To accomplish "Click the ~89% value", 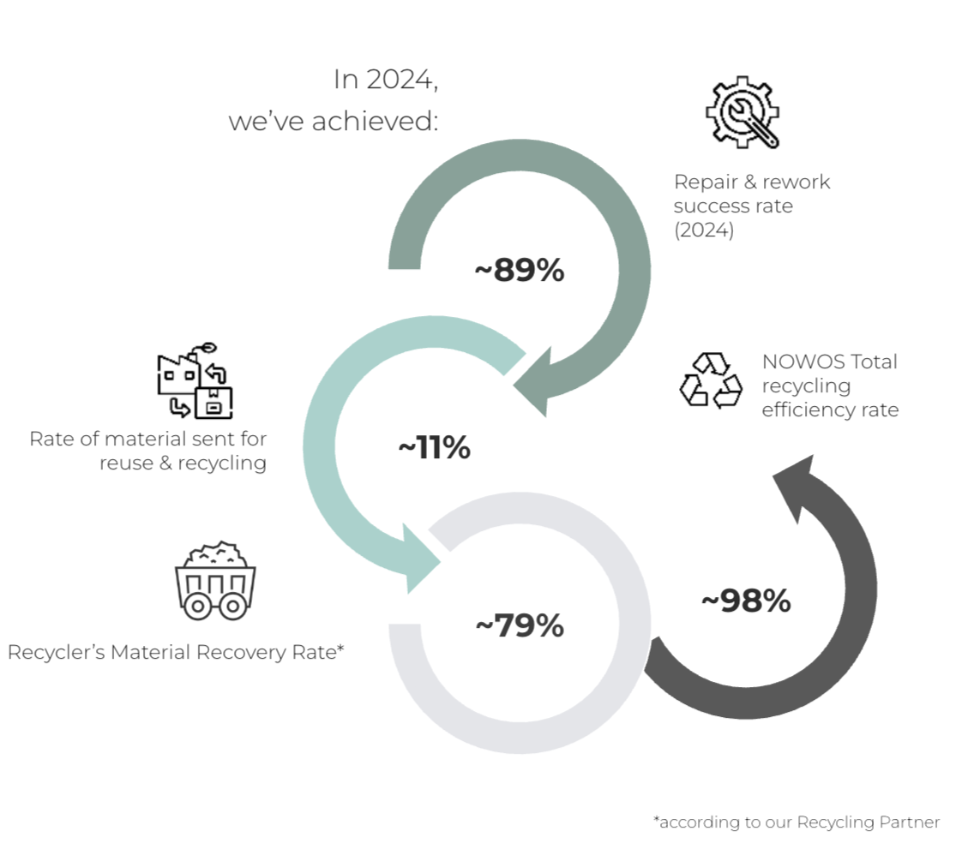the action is (x=519, y=271).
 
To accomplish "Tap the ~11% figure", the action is (x=434, y=447).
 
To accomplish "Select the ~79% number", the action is (x=519, y=625).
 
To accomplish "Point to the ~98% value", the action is (x=745, y=601).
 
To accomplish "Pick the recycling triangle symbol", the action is (x=711, y=380).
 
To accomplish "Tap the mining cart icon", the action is (x=215, y=580).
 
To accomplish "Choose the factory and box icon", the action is (x=194, y=382).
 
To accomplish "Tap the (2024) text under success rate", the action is (x=704, y=230).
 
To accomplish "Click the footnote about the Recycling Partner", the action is (x=797, y=822).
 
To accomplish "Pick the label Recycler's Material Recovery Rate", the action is (x=176, y=652).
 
